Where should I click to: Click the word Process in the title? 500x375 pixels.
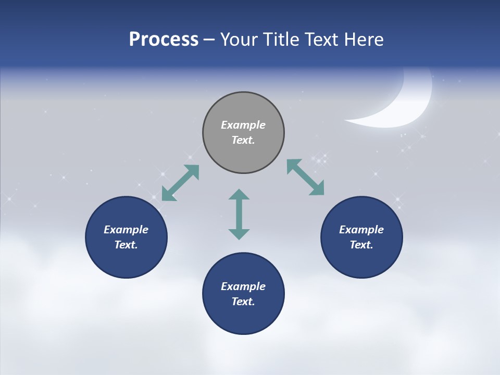[x=164, y=40]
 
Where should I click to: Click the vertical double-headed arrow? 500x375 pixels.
[x=239, y=215]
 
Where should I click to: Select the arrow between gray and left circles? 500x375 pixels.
[x=180, y=183]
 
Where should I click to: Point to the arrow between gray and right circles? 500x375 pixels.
[x=305, y=178]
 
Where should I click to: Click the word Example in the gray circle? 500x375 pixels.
[x=243, y=125]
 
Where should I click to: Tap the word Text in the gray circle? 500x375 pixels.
[x=242, y=140]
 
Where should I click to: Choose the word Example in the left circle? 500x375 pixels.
[x=126, y=230]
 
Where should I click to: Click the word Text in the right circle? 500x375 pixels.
[x=360, y=245]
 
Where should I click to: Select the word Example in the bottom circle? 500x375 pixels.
[x=243, y=286]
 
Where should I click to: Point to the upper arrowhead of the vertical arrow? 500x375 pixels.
[x=239, y=195]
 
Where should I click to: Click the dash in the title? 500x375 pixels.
[x=209, y=40]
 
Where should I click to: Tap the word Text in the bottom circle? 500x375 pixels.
[x=242, y=302]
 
